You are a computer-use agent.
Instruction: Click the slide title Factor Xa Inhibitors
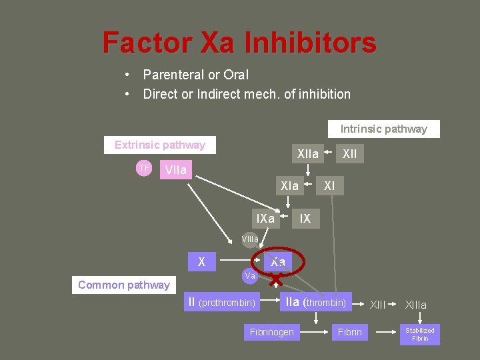(x=239, y=43)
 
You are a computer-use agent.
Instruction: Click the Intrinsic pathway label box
(x=383, y=129)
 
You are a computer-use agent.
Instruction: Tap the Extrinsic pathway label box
(x=159, y=145)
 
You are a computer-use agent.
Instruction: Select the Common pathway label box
(x=123, y=285)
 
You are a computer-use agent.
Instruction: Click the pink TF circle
(x=144, y=169)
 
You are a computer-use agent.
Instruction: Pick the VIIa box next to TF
(x=176, y=170)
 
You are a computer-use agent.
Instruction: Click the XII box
(x=349, y=154)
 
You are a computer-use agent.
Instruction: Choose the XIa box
(x=289, y=186)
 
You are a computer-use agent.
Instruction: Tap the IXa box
(x=265, y=218)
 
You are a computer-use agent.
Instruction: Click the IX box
(x=305, y=218)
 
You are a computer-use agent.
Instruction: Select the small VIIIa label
(x=250, y=239)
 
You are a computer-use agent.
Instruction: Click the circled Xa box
(x=278, y=262)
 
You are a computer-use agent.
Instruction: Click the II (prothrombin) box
(x=222, y=303)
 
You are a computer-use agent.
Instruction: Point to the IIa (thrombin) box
(x=315, y=303)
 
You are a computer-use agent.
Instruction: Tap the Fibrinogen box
(x=271, y=331)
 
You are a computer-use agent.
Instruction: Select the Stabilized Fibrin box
(x=420, y=334)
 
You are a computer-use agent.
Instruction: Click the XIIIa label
(x=416, y=305)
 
